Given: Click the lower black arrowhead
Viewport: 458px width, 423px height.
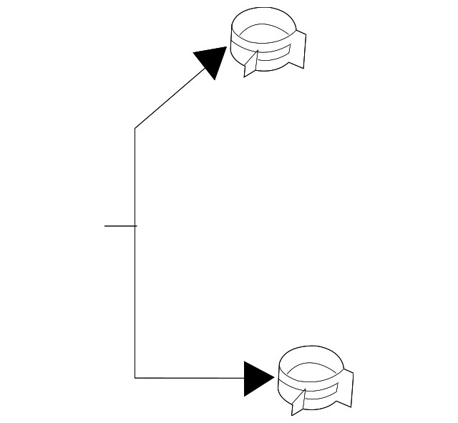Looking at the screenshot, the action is tap(258, 378).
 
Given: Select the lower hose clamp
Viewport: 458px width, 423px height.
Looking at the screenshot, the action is tap(314, 380).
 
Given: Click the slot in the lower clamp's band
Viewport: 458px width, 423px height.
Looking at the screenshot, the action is tap(320, 393).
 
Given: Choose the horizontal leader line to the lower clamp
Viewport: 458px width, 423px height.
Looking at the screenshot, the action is tap(190, 377).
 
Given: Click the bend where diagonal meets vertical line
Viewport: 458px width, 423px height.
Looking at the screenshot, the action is tap(135, 129).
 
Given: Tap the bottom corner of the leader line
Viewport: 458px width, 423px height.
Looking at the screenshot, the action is tap(135, 377).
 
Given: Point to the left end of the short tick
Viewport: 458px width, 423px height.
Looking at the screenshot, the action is tap(105, 225).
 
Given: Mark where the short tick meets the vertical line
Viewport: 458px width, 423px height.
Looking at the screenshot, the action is tap(135, 225).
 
